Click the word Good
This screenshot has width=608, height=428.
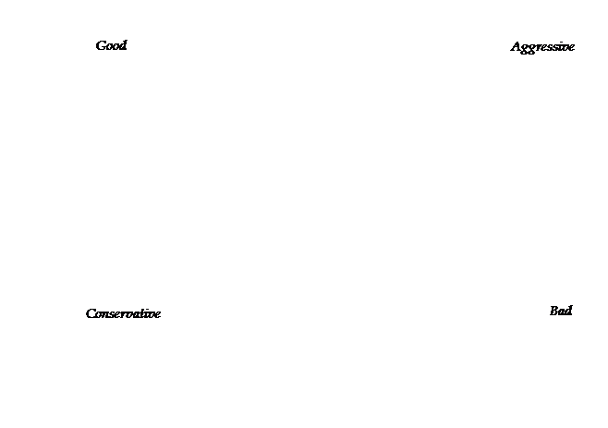pos(111,45)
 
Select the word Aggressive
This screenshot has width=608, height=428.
pos(542,47)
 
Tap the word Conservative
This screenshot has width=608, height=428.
pos(123,313)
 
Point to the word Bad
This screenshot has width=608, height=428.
pos(561,311)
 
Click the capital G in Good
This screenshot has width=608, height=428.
pos(101,46)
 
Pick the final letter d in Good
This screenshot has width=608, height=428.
pos(123,45)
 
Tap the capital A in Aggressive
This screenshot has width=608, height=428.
pos(517,46)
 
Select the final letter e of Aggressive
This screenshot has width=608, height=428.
pos(571,48)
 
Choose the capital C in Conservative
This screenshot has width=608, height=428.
pos(91,313)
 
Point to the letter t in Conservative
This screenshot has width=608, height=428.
pos(145,313)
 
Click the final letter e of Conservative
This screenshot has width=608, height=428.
pos(157,314)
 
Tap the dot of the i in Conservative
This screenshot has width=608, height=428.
pos(150,310)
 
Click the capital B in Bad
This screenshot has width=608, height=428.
pos(554,312)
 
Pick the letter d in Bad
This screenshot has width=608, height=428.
pos(568,311)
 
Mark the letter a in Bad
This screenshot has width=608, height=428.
pos(562,312)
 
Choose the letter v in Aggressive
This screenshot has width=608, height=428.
pos(565,48)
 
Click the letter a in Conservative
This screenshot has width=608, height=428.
pos(139,314)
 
